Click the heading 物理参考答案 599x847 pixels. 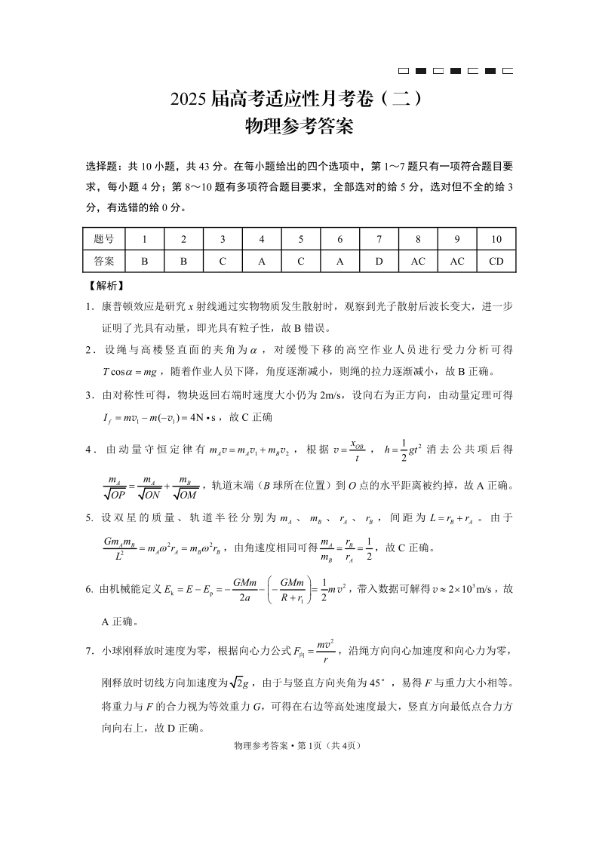click(299, 127)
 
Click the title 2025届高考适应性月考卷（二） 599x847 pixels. click(299, 99)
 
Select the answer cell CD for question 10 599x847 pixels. click(496, 261)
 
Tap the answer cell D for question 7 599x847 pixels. click(379, 261)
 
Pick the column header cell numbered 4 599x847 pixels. click(262, 239)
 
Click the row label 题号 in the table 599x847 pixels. click(105, 239)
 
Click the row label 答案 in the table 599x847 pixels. click(105, 261)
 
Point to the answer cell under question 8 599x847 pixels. click(418, 261)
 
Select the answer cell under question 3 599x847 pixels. click(223, 261)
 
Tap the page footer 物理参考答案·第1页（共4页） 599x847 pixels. click(299, 746)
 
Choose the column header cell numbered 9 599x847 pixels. click(457, 239)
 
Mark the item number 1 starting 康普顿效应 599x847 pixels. click(88, 306)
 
